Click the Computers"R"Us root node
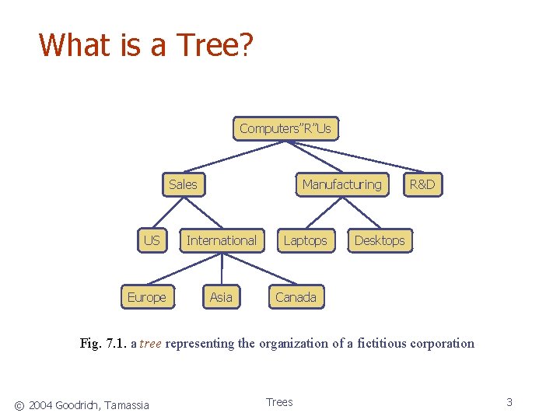[x=285, y=128]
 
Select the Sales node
[x=183, y=184]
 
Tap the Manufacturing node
[x=341, y=184]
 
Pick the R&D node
[x=422, y=184]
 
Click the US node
[x=152, y=240]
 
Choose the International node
[x=221, y=240]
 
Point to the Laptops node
[x=305, y=240]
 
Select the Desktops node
[x=380, y=240]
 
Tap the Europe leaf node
[x=146, y=297]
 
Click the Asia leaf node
[x=221, y=297]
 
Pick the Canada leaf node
[x=296, y=297]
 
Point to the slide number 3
[x=509, y=402]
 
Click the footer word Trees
[x=279, y=402]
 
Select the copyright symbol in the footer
[x=19, y=404]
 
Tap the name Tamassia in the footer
[x=124, y=404]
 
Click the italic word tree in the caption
[x=151, y=344]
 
